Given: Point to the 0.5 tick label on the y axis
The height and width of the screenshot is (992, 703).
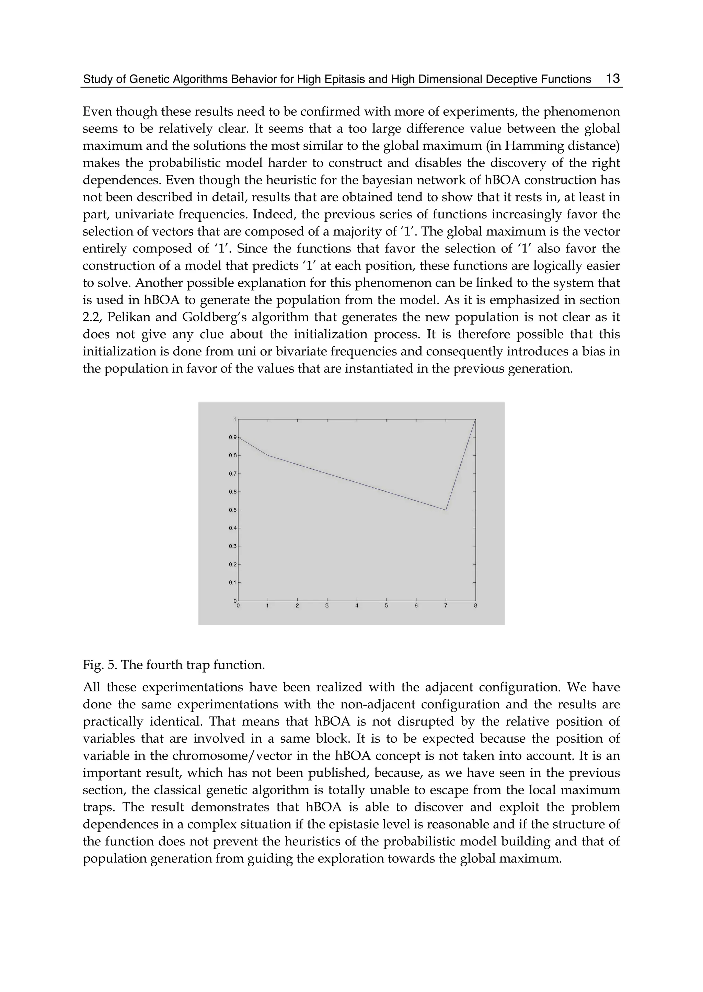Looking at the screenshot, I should (x=232, y=510).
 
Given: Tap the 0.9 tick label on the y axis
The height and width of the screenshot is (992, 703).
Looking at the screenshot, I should (x=232, y=437).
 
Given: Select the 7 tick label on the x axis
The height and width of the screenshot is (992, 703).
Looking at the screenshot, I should (x=446, y=606).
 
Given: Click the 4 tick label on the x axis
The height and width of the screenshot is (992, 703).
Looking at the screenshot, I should (x=357, y=606).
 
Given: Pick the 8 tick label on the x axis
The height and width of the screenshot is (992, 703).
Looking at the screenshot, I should (x=475, y=606).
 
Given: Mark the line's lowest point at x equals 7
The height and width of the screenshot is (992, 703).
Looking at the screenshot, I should (x=446, y=510).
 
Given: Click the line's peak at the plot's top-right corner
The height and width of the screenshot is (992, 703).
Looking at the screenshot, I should (x=475, y=419).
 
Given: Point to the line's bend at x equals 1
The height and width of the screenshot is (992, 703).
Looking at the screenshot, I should (x=268, y=455).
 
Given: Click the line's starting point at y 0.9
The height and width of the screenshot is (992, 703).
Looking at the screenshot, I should (x=239, y=437).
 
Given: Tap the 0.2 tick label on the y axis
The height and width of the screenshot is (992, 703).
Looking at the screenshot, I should (x=232, y=564).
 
